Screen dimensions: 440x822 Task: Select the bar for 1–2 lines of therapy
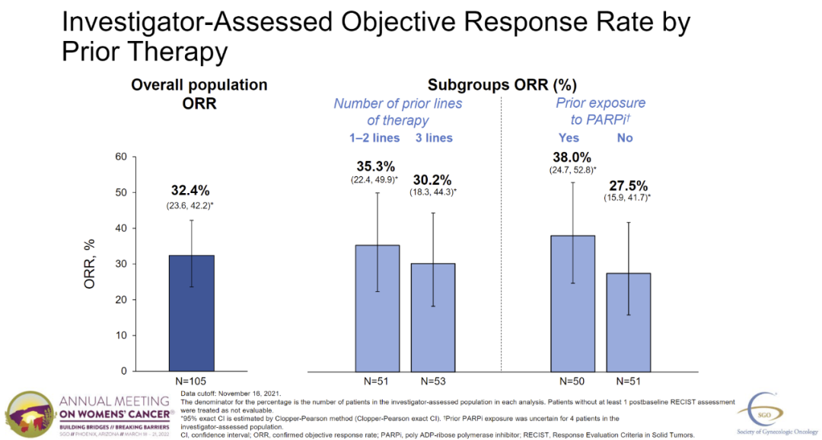(x=378, y=308)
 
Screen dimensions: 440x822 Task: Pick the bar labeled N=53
(x=433, y=317)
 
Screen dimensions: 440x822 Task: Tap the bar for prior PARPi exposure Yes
(x=572, y=303)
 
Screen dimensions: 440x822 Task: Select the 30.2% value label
(x=433, y=180)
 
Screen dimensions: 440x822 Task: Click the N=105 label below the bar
(x=193, y=381)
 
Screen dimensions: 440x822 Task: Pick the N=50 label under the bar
(x=572, y=381)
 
